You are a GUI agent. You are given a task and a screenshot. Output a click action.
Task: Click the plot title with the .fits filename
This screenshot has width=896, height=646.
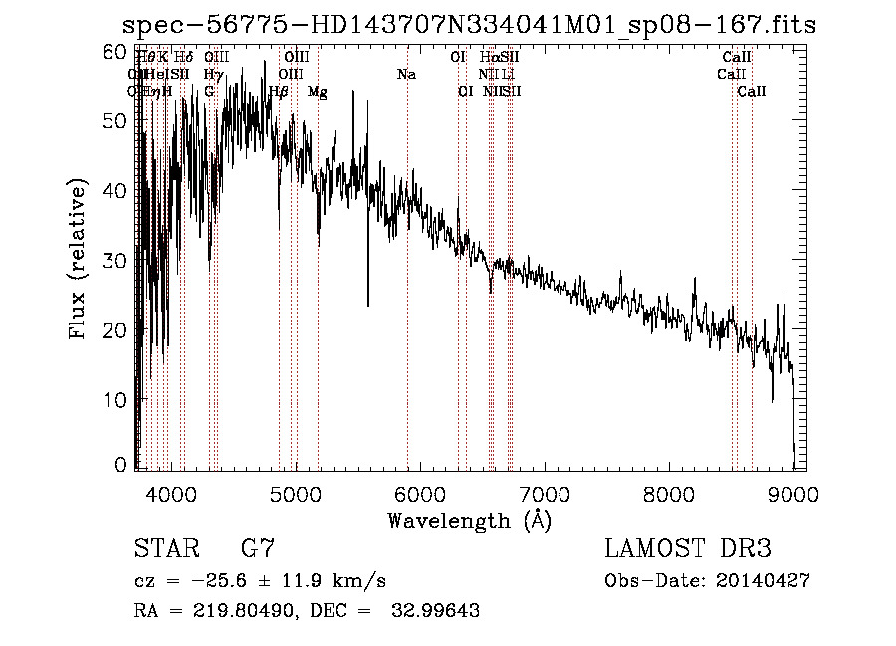[469, 25]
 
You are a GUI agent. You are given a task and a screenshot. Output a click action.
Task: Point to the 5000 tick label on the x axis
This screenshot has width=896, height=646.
[295, 495]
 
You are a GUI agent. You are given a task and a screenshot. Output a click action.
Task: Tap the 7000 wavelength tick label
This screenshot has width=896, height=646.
[545, 495]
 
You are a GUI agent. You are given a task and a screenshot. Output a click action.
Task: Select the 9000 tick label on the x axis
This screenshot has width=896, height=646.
[793, 495]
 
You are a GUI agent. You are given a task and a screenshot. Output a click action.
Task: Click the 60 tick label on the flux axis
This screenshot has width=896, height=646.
[116, 51]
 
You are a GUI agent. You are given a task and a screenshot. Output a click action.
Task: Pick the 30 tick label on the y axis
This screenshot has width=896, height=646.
[116, 261]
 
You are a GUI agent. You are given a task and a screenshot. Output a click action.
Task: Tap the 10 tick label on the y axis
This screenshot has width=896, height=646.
[116, 400]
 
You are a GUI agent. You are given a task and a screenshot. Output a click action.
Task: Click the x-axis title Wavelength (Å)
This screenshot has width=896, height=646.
[469, 520]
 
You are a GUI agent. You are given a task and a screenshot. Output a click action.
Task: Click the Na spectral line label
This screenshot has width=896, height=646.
[406, 75]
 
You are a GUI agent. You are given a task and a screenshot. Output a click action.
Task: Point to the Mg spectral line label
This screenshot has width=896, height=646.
[317, 92]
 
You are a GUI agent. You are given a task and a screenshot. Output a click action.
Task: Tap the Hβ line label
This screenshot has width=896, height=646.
[279, 92]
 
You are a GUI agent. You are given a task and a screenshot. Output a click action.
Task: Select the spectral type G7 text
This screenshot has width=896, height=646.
[257, 549]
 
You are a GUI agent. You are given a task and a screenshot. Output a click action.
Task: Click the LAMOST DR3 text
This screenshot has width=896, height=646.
[688, 549]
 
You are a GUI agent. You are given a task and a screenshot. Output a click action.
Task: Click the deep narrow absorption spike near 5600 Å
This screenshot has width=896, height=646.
[368, 289]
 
